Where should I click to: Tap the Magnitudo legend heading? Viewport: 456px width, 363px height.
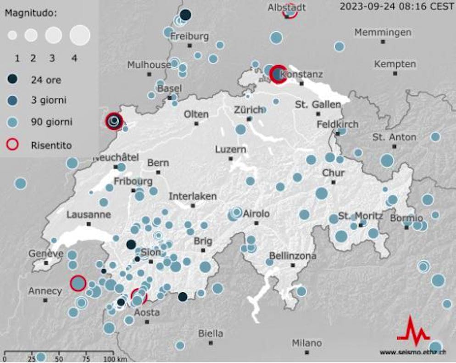(31, 13)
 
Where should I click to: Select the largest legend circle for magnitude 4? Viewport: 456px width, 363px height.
(80, 35)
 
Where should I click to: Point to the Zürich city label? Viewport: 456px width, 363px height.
(248, 110)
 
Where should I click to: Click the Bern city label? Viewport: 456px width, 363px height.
(158, 163)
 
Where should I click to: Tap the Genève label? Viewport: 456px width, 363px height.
(46, 253)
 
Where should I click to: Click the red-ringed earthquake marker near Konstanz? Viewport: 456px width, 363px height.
(278, 74)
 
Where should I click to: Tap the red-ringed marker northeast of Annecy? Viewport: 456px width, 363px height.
(78, 283)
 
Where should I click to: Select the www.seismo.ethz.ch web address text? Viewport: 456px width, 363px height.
(412, 352)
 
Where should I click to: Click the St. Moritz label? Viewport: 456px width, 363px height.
(361, 216)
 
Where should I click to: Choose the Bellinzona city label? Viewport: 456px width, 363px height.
(292, 256)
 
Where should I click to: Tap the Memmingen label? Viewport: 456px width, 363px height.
(383, 33)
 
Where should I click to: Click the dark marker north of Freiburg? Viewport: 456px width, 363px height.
(185, 15)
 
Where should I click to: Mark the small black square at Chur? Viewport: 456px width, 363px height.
(334, 182)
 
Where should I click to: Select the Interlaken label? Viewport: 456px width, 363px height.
(193, 196)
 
